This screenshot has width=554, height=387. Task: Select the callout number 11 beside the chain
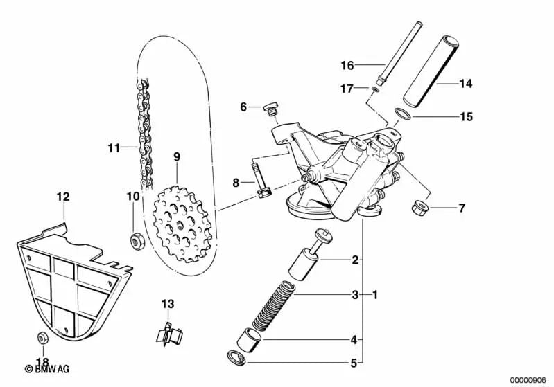(114, 147)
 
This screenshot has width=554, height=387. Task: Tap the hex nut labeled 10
(136, 240)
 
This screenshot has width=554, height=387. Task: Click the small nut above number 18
(41, 337)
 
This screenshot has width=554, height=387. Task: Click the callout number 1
(375, 296)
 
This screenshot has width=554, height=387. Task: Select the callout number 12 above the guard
(63, 197)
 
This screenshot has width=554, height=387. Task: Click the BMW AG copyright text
(42, 370)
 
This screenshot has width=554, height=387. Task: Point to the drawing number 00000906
(528, 379)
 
